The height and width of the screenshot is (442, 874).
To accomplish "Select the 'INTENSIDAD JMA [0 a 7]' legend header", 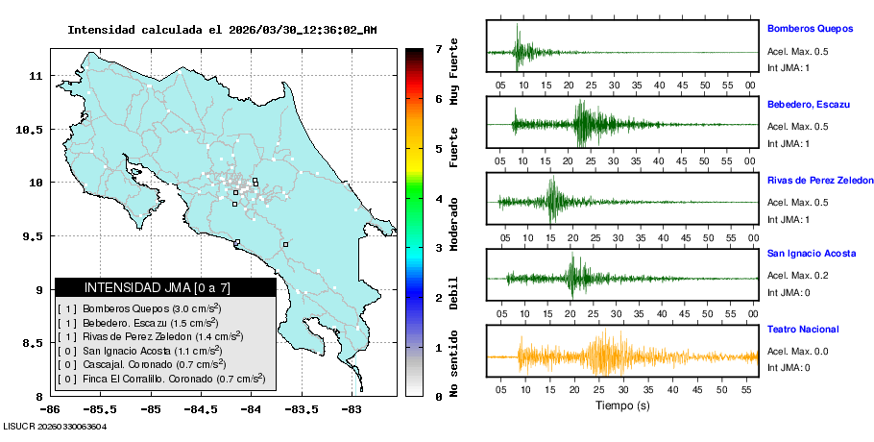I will coord(165,287).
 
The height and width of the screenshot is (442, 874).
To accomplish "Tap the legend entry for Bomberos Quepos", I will coord(140,308).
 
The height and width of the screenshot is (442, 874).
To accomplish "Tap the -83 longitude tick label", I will coord(352,409).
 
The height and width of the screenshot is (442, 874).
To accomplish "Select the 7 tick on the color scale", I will coord(437,48).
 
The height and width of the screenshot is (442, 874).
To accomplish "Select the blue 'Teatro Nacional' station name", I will coord(803,330).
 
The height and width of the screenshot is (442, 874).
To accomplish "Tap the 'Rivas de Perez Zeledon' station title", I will coord(819,180).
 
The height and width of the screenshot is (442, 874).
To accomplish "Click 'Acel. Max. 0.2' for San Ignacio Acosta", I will coord(798,274).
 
